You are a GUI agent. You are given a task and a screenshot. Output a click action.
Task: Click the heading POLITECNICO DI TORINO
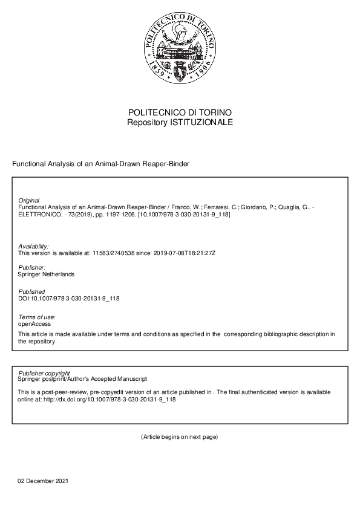click(180, 113)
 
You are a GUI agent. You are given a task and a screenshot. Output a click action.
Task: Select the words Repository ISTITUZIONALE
click(180, 123)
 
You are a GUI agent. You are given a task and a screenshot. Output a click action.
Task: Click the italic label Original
click(29, 200)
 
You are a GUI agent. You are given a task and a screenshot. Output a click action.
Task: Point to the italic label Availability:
click(33, 246)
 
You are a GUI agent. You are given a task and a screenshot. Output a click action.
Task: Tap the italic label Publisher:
click(32, 267)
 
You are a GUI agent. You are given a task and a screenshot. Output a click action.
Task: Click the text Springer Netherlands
click(47, 274)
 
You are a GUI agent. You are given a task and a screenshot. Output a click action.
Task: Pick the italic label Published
click(31, 291)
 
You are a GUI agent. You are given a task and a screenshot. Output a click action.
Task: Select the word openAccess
click(34, 324)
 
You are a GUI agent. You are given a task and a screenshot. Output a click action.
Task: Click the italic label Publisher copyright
click(44, 373)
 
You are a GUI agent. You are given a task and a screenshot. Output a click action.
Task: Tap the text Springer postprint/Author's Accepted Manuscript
click(83, 379)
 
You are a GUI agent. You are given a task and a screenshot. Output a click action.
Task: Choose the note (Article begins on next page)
click(179, 436)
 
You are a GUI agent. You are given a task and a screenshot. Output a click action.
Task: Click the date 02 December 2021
click(43, 481)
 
